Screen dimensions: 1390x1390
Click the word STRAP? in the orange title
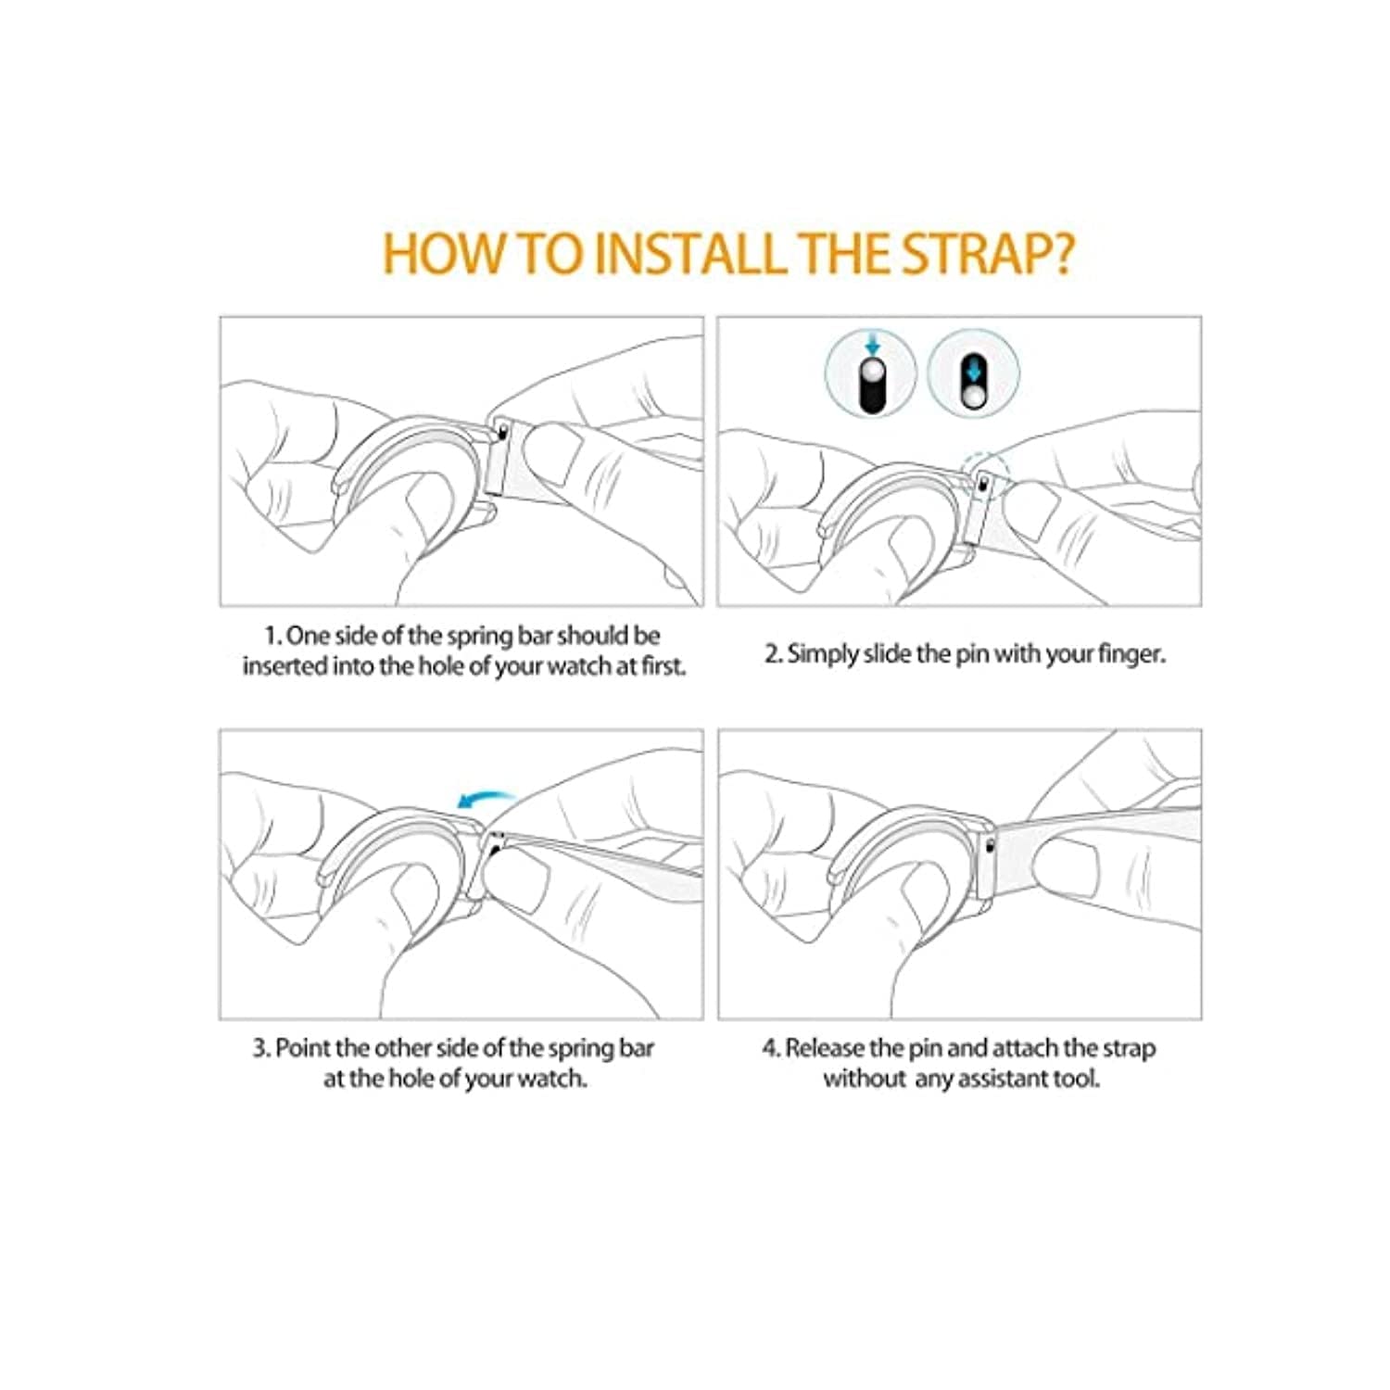click(988, 252)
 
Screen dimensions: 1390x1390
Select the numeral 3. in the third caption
click(262, 1048)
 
